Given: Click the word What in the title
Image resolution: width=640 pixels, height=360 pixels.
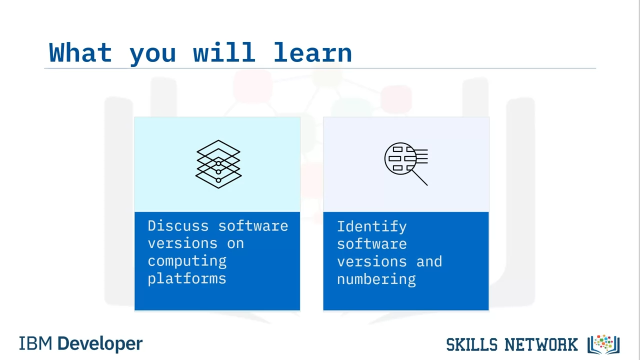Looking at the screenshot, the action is pyautogui.click(x=80, y=52).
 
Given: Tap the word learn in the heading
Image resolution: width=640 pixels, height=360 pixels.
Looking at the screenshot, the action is pyautogui.click(x=312, y=52).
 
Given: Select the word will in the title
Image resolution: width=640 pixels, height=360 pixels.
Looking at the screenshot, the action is pyautogui.click(x=224, y=52).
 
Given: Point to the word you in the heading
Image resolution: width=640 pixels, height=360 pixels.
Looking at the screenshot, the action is pyautogui.click(x=152, y=55).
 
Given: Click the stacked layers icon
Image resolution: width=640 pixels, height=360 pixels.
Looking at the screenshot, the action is pyautogui.click(x=218, y=164).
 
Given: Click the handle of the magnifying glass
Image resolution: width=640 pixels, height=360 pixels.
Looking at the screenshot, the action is pyautogui.click(x=419, y=177).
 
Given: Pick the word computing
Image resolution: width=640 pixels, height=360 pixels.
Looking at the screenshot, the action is pyautogui.click(x=187, y=261).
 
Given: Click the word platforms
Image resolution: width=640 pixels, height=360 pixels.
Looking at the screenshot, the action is pyautogui.click(x=187, y=278).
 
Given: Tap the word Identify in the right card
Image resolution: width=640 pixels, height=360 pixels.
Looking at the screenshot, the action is pyautogui.click(x=371, y=227).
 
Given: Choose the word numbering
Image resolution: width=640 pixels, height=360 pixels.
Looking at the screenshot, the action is pyautogui.click(x=376, y=279).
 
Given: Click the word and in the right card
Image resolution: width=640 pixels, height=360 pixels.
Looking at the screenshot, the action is pyautogui.click(x=429, y=261).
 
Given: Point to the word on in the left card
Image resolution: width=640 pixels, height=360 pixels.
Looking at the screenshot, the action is pyautogui.click(x=235, y=243).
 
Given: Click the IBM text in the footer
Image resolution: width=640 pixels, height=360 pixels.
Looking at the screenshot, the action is pyautogui.click(x=35, y=343).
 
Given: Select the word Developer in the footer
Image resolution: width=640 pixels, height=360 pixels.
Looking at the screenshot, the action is pyautogui.click(x=100, y=344).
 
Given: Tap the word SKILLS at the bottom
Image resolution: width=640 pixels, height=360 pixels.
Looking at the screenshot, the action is pyautogui.click(x=472, y=344).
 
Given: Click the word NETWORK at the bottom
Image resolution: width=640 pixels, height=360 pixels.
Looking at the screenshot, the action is pyautogui.click(x=541, y=344).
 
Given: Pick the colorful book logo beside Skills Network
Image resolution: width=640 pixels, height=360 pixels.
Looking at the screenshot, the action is pyautogui.click(x=603, y=344).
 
